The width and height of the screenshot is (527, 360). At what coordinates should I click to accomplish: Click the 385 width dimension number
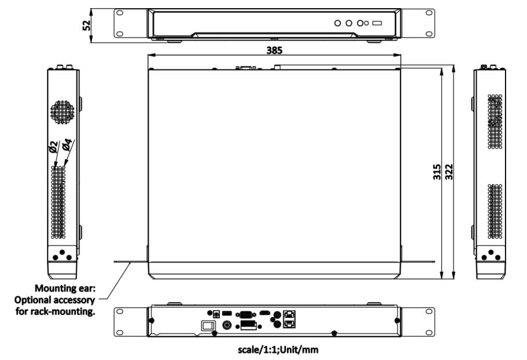[274, 50]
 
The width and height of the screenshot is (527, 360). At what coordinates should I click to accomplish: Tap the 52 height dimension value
[87, 25]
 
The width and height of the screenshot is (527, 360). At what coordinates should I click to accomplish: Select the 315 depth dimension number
[437, 172]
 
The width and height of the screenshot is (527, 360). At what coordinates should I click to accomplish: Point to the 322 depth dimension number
[449, 172]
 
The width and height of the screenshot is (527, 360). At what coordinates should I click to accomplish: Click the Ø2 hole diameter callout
[53, 147]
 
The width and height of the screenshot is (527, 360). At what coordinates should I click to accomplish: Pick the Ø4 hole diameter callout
[67, 144]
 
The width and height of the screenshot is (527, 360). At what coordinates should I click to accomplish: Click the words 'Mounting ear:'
[65, 288]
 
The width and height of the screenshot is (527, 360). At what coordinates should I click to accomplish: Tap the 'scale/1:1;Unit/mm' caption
[278, 350]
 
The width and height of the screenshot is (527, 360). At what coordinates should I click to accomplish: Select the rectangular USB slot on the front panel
[377, 23]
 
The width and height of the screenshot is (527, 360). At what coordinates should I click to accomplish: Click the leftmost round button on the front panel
[338, 23]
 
